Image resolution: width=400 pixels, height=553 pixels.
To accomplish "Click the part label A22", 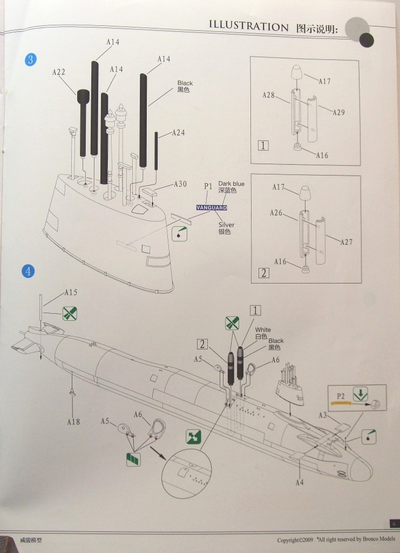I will click(59, 71).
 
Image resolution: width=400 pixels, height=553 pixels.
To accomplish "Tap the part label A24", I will click(178, 132).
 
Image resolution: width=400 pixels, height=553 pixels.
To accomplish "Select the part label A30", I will click(180, 184).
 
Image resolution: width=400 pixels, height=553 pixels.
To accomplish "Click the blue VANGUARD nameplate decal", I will click(212, 207).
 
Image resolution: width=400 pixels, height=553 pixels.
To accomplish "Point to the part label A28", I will click(269, 95).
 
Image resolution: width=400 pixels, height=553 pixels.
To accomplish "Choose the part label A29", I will click(338, 112).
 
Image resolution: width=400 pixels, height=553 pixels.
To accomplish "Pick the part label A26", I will click(276, 213).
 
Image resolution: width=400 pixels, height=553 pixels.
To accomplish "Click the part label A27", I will click(346, 242).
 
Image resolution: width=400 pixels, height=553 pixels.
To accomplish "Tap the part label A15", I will click(71, 292).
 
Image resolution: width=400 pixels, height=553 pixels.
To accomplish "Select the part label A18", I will click(73, 421).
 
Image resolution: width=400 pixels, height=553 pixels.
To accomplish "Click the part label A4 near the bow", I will click(300, 482).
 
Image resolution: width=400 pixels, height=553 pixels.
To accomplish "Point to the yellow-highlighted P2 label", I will click(341, 396).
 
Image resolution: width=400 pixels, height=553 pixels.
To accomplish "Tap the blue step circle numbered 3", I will click(30, 60).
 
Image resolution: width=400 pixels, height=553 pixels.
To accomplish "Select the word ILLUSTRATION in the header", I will click(248, 26).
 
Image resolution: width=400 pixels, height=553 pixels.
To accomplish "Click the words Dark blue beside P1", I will click(231, 184).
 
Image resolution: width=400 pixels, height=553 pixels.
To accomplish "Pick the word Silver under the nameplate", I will click(226, 224).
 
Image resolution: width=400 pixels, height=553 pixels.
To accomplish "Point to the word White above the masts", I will click(263, 329).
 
